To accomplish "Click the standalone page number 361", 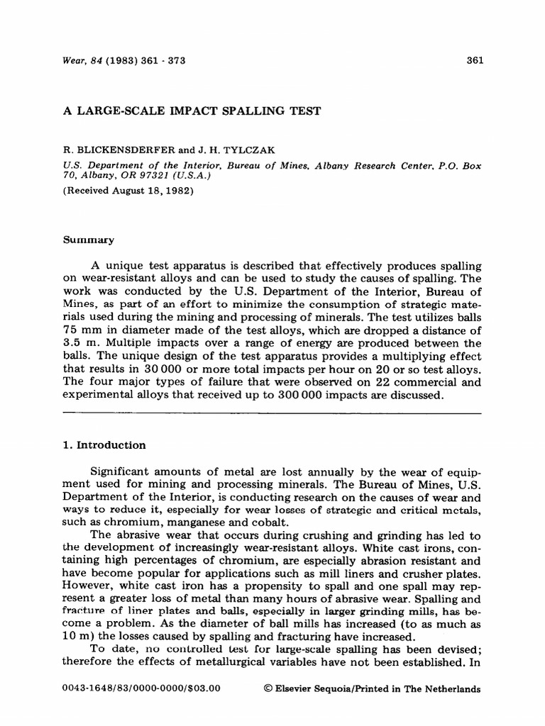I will [475, 60].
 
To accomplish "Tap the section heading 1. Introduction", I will [105, 445].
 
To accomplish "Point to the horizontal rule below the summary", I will [272, 413].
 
